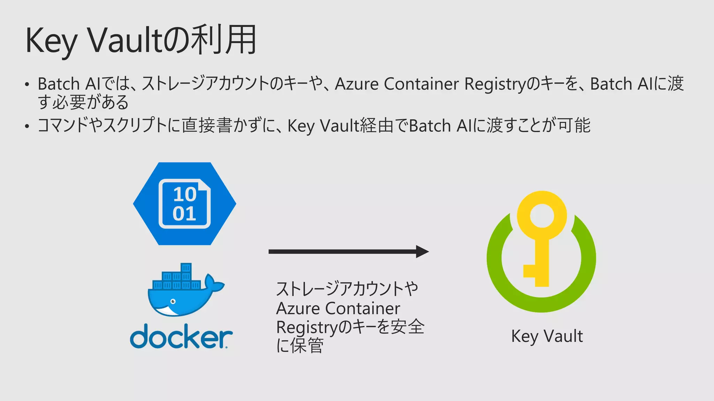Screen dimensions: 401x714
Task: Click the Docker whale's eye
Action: tap(173, 301)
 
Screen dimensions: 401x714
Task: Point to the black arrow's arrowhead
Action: tap(422, 251)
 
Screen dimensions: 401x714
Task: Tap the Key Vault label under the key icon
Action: tap(547, 336)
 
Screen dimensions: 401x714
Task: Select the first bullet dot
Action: tap(27, 85)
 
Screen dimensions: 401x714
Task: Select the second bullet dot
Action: tap(27, 126)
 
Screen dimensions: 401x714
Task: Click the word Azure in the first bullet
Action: tap(357, 84)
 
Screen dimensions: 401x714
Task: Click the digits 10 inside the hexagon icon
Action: tap(185, 194)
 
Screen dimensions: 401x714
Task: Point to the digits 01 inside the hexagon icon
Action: tap(184, 213)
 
